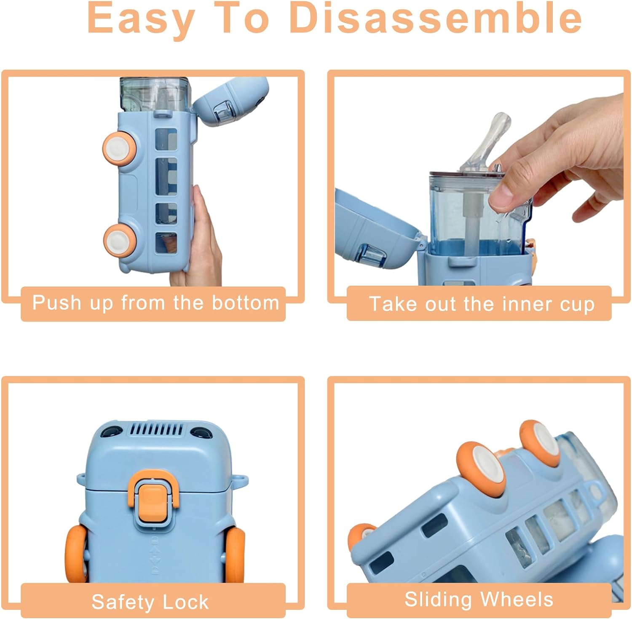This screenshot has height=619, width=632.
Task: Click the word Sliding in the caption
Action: (438, 600)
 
